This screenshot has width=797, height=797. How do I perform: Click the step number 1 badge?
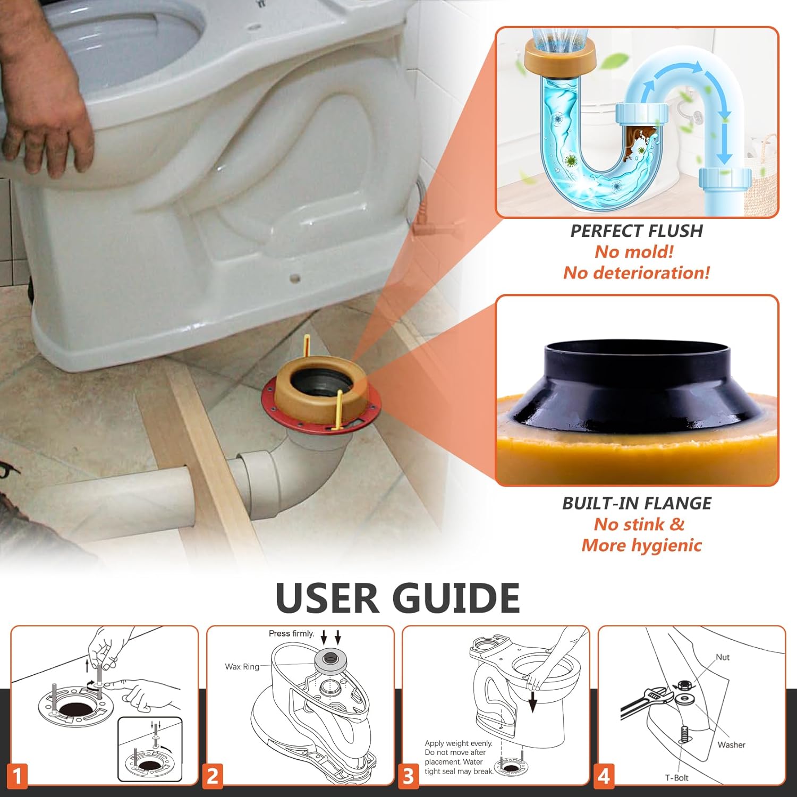tap(17, 776)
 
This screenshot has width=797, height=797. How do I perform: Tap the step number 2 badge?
tap(213, 776)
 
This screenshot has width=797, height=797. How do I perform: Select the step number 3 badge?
tap(408, 776)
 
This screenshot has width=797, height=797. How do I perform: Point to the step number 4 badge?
tap(604, 776)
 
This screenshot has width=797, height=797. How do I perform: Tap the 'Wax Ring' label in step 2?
tap(242, 667)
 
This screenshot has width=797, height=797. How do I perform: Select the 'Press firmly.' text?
tap(291, 633)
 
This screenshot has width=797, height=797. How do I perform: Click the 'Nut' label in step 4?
tap(723, 657)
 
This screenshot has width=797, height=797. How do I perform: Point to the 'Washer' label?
tap(731, 745)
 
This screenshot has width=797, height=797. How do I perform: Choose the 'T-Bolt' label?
tap(676, 778)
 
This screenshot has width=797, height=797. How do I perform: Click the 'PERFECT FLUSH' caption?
tap(637, 231)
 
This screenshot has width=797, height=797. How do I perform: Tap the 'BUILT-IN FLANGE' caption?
tap(637, 503)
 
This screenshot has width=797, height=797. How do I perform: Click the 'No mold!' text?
tap(634, 252)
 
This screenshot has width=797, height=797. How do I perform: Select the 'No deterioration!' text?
tap(637, 273)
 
